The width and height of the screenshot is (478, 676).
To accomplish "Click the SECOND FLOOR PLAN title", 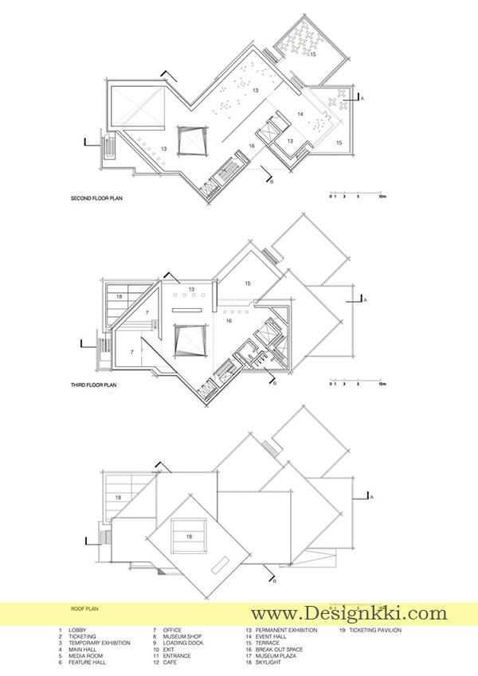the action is [96, 198].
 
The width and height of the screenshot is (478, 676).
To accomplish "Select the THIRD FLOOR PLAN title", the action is [94, 385].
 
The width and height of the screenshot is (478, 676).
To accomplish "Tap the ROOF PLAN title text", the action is [84, 609].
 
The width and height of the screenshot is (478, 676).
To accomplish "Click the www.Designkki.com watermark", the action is [349, 612].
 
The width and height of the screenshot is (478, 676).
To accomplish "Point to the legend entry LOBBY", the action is [77, 630].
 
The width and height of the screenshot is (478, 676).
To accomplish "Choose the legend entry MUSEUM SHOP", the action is [182, 636].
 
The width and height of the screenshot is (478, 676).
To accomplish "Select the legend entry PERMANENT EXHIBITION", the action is [286, 630].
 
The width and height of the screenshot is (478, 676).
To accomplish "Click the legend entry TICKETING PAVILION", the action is [375, 630].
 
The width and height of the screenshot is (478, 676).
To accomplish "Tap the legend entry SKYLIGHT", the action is [268, 662].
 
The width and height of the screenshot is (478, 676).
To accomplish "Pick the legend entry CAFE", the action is [170, 662].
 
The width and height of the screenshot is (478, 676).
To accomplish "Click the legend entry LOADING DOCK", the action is [183, 643].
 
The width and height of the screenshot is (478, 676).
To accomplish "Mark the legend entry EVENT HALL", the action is [271, 636].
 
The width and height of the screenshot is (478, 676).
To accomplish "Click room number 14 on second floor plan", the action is [300, 114].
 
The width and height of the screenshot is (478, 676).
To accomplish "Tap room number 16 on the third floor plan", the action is [229, 321].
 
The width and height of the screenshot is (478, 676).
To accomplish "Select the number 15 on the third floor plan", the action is [248, 283].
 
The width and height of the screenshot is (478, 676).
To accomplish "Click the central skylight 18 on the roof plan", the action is [189, 537].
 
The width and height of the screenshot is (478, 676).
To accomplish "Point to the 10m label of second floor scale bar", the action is [382, 196].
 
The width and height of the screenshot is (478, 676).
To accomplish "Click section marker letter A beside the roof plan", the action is [371, 497].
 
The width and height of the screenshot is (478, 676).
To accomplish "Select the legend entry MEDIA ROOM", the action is [85, 656].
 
